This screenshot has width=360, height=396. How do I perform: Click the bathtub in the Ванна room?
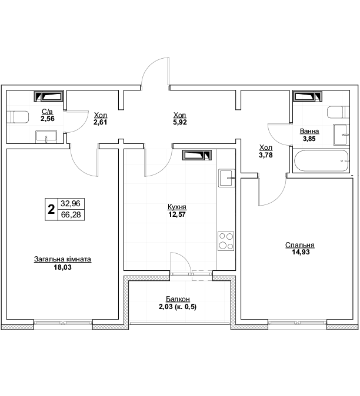[x=322, y=161]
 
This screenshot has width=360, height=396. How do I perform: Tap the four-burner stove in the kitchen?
[x=226, y=241]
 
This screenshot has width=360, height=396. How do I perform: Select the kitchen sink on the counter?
[x=226, y=178]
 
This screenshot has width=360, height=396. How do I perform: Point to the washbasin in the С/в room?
[x=46, y=137]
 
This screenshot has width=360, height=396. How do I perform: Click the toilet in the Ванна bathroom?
[x=338, y=112]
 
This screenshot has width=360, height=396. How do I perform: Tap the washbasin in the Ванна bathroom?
[x=341, y=135]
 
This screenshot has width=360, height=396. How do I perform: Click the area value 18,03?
[x=62, y=267]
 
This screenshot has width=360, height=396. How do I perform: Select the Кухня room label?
[x=177, y=207]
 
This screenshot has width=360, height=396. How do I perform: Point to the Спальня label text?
[x=300, y=245]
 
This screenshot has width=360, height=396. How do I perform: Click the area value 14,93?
[x=301, y=252]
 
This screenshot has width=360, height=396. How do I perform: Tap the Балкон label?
[x=178, y=299]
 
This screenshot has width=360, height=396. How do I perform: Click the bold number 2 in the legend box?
[x=51, y=209]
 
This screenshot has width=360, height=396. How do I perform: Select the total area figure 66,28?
[x=71, y=214]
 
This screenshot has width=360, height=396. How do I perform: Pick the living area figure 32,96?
[x=71, y=203]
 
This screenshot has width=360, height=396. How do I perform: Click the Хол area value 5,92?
[x=180, y=122]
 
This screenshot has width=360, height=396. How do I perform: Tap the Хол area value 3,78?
[x=266, y=155]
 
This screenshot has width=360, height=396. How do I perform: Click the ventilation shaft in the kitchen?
[x=197, y=155]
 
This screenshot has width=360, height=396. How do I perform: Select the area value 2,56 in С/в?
[x=48, y=119]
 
